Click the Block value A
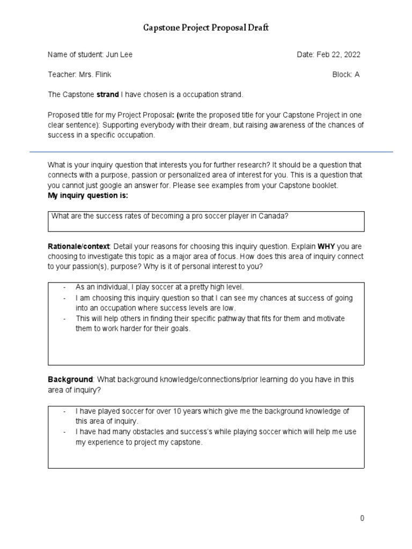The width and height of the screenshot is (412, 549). pos(357,75)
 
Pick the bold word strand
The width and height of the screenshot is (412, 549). pos(107,94)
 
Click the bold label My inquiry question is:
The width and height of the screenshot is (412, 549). pos(88,196)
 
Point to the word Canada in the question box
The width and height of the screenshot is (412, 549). pos(274,216)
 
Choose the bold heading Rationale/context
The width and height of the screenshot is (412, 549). pos(79,246)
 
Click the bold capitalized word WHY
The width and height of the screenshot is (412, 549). pos(326,246)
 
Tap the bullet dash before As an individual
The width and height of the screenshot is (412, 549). pos(64,287)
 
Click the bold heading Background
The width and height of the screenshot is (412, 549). pos(70,379)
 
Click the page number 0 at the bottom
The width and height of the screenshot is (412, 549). pos(362,518)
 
